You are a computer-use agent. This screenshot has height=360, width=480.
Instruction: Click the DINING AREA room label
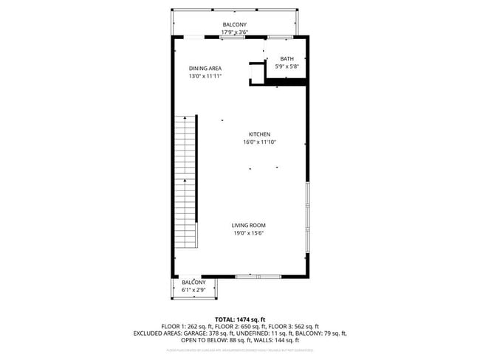pyautogui.click(x=205, y=68)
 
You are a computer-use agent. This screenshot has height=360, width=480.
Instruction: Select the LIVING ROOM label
pyautogui.click(x=248, y=225)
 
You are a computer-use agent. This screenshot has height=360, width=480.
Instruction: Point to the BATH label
pyautogui.click(x=287, y=59)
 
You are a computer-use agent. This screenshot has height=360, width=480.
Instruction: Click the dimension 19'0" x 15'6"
pyautogui.click(x=248, y=233)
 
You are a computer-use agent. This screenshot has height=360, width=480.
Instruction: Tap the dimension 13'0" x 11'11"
pyautogui.click(x=205, y=76)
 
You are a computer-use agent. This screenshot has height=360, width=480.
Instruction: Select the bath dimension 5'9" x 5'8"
pyautogui.click(x=287, y=67)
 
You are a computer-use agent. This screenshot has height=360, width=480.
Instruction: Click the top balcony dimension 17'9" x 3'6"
pyautogui.click(x=236, y=32)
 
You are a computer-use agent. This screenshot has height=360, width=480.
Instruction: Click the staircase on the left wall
pyautogui.click(x=186, y=181)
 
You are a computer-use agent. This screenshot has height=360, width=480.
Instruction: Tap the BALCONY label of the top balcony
pyautogui.click(x=236, y=24)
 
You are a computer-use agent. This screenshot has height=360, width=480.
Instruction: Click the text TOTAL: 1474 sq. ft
pyautogui.click(x=240, y=318)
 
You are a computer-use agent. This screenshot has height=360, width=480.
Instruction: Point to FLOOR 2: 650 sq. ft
pyautogui.click(x=240, y=325)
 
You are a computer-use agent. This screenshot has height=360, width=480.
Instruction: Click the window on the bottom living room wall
pyautogui.click(x=248, y=276)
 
